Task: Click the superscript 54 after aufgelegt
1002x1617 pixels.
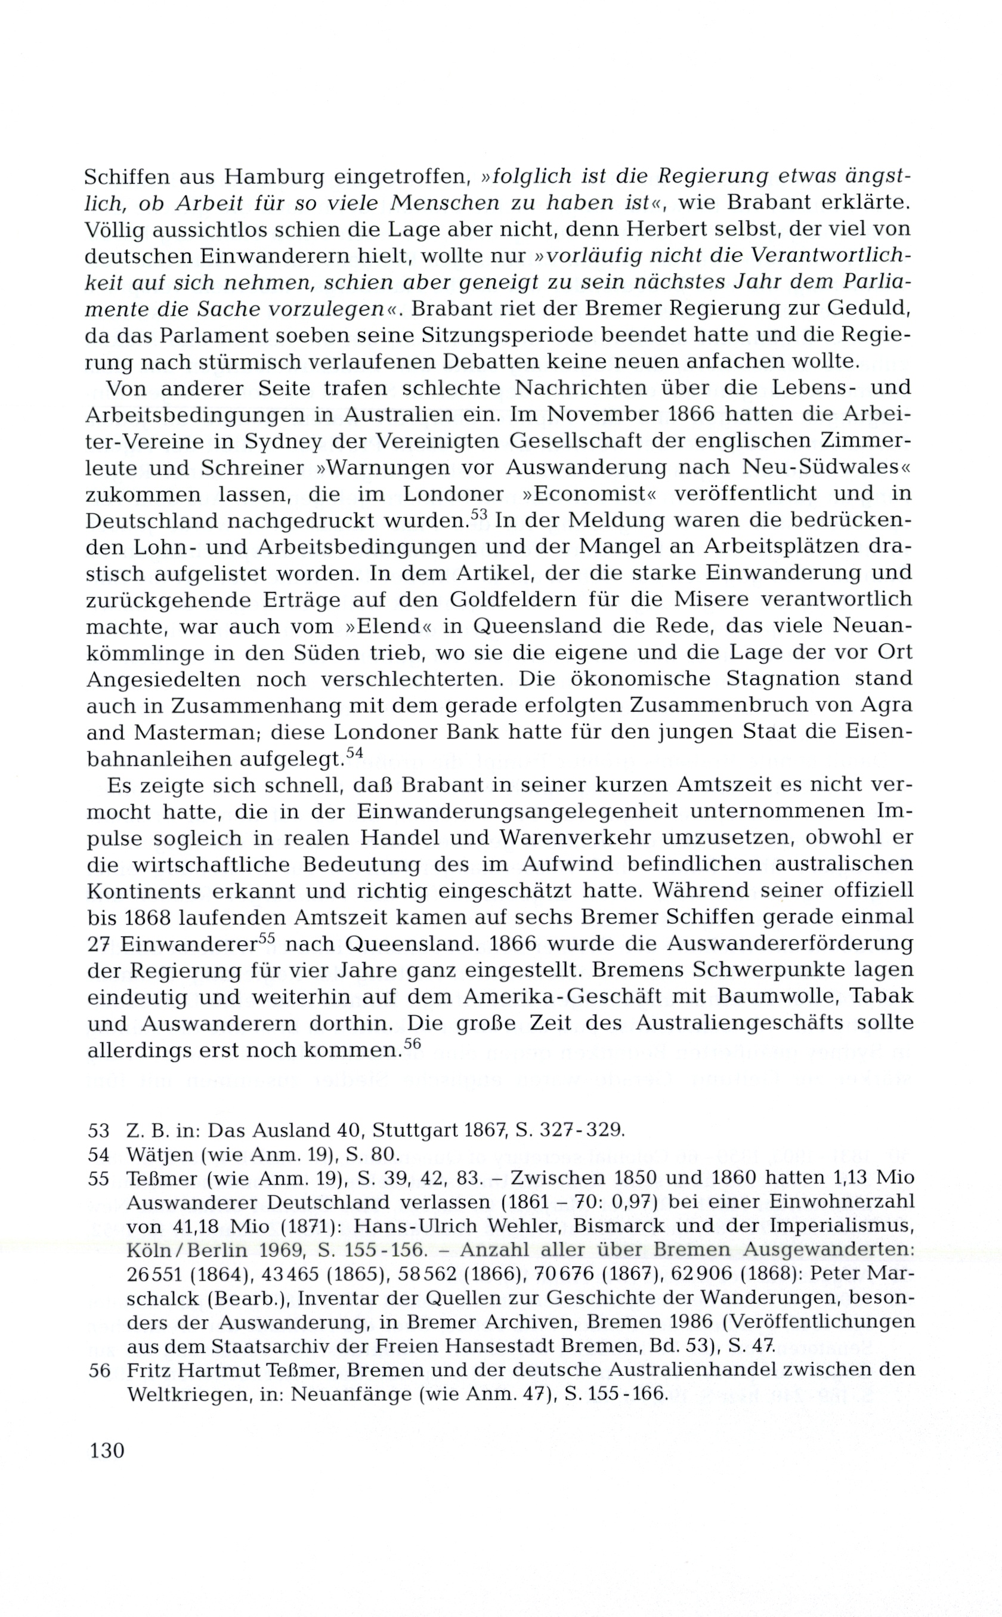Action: coord(355,752)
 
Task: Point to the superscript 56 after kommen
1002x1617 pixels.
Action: coord(412,1044)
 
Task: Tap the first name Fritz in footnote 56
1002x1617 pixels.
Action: coord(149,1370)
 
